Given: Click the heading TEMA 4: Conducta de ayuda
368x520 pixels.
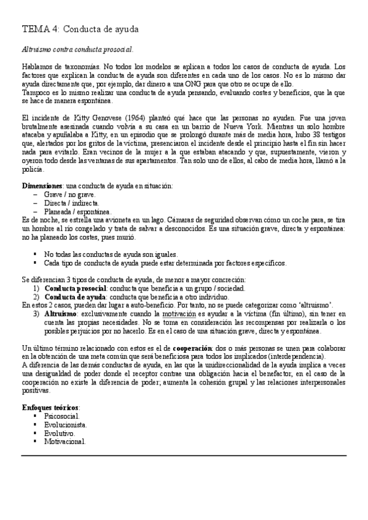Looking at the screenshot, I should [80, 29].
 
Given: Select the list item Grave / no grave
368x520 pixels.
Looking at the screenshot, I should [69, 194].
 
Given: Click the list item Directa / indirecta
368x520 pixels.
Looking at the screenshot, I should [72, 203].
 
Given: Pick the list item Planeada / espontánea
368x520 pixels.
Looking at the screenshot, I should [77, 212].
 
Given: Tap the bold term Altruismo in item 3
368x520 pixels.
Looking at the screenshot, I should [61, 313].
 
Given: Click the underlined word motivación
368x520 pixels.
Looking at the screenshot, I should [183, 313].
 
